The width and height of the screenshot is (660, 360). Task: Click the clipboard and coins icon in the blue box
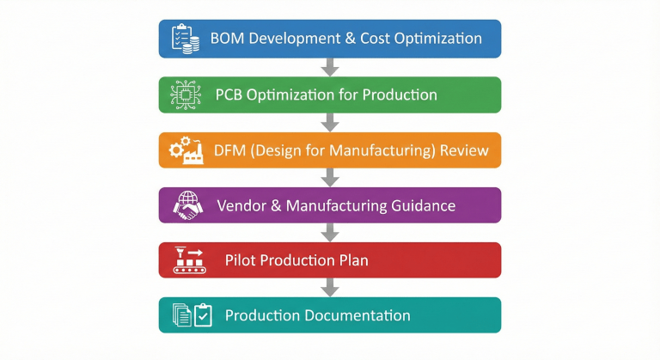pyautogui.click(x=186, y=39)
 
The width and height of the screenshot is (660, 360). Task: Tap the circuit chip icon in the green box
pyautogui.click(x=186, y=95)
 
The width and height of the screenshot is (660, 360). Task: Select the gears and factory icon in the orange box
pyautogui.click(x=186, y=149)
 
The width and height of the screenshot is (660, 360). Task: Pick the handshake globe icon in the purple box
pyautogui.click(x=186, y=204)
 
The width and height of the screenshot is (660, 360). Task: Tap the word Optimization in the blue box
pyautogui.click(x=428, y=39)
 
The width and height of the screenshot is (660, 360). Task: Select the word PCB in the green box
pyautogui.click(x=229, y=95)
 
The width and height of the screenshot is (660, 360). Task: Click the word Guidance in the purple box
pyautogui.click(x=423, y=205)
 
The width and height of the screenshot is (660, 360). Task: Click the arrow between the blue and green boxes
pyautogui.click(x=329, y=67)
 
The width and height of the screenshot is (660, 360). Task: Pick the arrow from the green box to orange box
pyautogui.click(x=329, y=122)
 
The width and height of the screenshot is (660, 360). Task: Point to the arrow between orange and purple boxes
pyautogui.click(x=329, y=177)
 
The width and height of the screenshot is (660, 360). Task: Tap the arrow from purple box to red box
pyautogui.click(x=329, y=232)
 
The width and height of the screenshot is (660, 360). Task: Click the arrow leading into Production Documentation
pyautogui.click(x=329, y=287)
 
